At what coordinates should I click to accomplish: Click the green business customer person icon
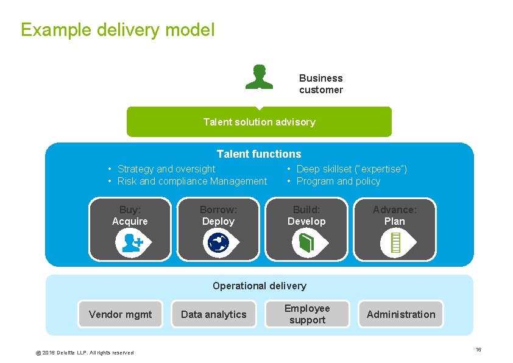click(x=259, y=77)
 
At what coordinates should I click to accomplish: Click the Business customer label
click(x=320, y=84)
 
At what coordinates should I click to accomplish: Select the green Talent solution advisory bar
click(x=259, y=122)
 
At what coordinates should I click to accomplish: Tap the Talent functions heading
click(x=259, y=154)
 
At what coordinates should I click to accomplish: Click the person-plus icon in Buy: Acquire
click(x=132, y=243)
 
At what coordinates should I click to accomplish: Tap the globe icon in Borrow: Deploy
click(x=218, y=243)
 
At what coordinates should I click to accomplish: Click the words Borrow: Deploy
click(x=218, y=215)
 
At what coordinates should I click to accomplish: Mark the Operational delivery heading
click(x=259, y=286)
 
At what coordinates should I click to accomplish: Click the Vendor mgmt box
click(x=120, y=314)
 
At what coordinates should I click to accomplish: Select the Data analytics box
click(x=213, y=314)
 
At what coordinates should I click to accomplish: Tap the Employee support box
click(x=307, y=314)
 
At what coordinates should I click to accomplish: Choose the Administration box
click(x=400, y=314)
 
